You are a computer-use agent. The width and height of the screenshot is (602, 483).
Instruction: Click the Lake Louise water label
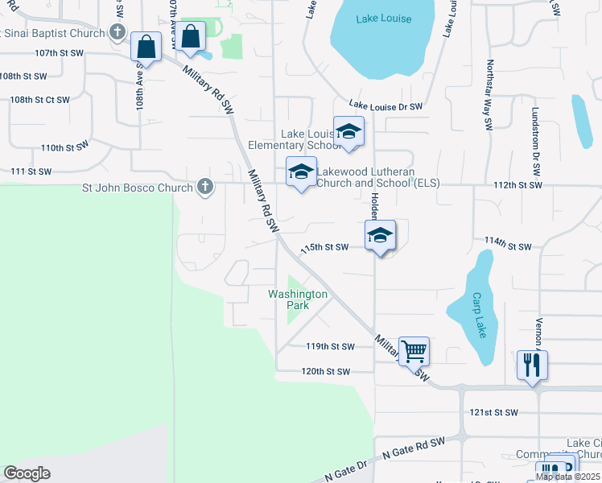coord(383,19)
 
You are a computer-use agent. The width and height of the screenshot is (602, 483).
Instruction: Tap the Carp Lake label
coord(478,303)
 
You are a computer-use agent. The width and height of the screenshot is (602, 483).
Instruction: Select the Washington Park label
coord(299,299)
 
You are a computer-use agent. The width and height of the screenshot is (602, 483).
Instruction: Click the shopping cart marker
coord(414,350)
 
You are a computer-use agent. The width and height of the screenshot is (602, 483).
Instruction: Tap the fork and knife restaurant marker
coord(532,364)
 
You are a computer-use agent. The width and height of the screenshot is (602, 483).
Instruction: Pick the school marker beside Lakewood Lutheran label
coord(301,171)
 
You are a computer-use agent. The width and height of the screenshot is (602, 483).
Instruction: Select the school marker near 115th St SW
coord(380,235)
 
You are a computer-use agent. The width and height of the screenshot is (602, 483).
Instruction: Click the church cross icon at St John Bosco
coord(205,188)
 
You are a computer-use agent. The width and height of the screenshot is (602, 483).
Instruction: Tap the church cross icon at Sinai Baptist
coord(118,33)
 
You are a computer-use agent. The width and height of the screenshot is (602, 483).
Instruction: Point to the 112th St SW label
coord(518,185)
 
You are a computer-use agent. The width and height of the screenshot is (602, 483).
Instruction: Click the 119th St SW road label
coord(329,347)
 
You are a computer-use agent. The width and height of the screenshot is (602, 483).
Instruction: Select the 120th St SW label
coord(326,371)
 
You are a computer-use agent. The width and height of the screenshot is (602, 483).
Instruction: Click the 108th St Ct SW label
coord(40,100)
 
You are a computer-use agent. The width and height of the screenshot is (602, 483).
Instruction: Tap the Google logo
coord(27,473)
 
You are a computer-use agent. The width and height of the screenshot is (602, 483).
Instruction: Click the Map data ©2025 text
coord(567,477)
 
